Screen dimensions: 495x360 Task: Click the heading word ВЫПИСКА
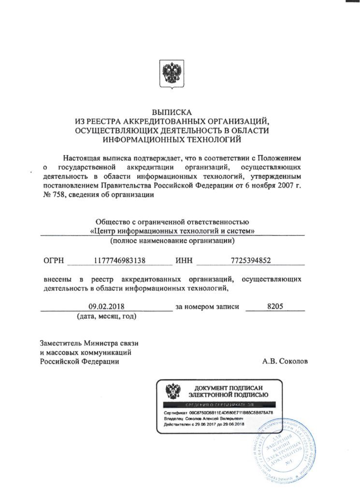173,113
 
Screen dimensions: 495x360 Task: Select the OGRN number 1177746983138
120,261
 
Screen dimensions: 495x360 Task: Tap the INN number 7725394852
251,261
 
